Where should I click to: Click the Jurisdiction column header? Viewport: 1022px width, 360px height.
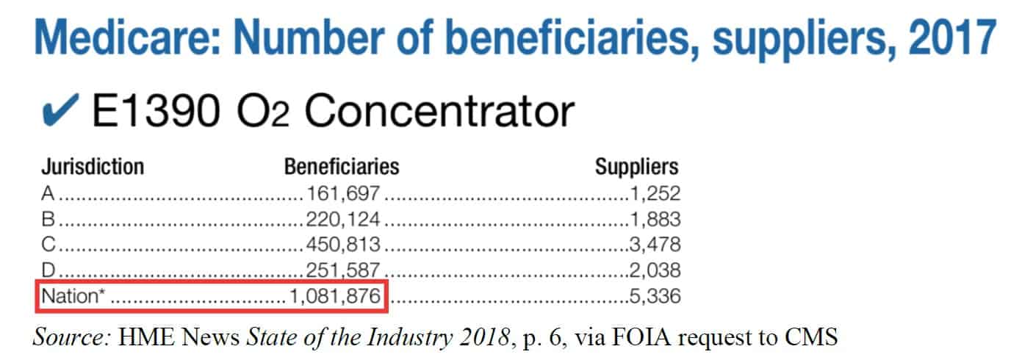coord(93,168)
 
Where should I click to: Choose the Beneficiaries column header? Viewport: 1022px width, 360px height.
coord(342,168)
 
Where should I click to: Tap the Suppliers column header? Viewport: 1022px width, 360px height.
coord(637,168)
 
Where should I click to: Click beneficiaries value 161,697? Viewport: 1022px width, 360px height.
coord(343,194)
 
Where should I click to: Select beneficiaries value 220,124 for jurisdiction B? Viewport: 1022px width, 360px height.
coord(343,220)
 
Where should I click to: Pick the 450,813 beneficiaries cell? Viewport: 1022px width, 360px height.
coord(343,245)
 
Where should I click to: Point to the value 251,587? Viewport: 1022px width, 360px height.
coord(343,270)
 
